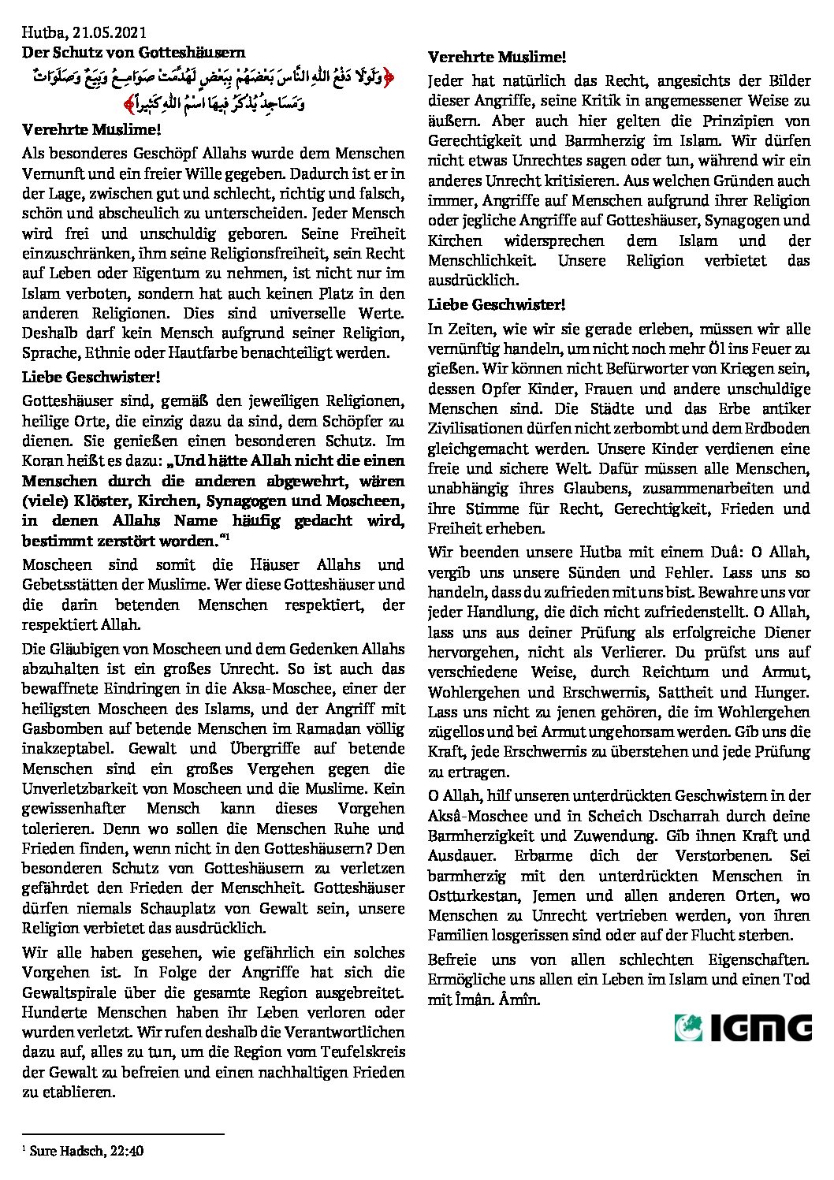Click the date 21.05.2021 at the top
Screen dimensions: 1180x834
coord(102,32)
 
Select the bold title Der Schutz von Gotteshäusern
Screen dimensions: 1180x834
coord(133,53)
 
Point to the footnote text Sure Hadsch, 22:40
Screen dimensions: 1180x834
coord(87,1152)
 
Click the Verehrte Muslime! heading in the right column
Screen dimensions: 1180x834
coord(497,58)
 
